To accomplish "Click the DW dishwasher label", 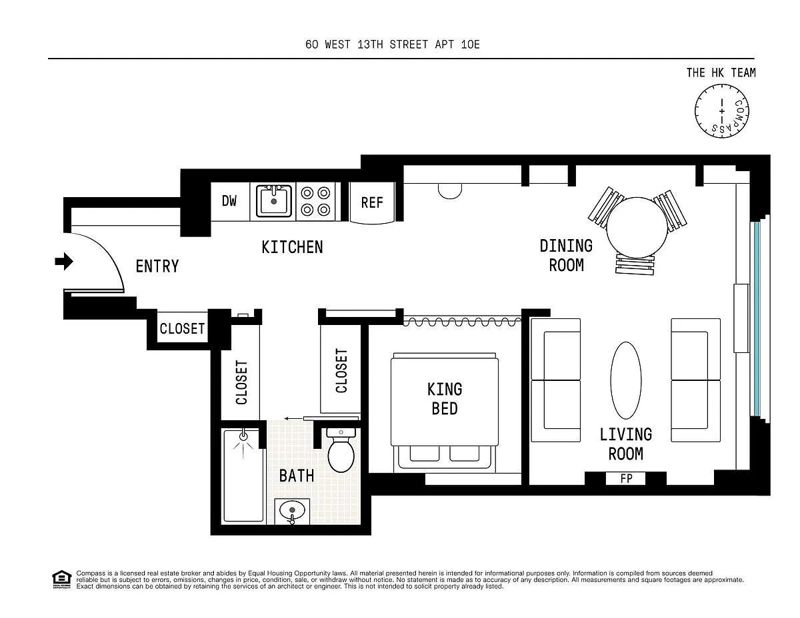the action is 229,201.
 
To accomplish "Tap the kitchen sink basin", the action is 273,202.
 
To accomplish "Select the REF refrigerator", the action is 372,202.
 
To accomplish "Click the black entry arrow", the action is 64,262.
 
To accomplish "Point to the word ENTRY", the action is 157,266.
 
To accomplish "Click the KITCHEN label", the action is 292,247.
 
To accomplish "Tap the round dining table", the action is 637,228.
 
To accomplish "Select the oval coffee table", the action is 625,380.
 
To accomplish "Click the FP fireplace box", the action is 626,478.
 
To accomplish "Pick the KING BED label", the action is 445,399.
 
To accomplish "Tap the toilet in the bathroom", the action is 341,450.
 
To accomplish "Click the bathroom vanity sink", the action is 292,511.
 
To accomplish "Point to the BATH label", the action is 297,475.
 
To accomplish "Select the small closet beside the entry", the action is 182,327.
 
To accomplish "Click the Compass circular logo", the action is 721,111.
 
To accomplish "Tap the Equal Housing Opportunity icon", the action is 61,579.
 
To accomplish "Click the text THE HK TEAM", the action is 721,73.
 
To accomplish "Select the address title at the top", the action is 393,45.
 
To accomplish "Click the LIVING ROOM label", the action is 626,444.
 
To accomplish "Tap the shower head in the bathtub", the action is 243,436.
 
